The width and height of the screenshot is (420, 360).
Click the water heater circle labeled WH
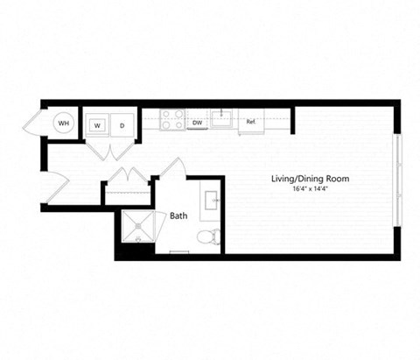click(63, 124)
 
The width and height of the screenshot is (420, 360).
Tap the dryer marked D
click(122, 124)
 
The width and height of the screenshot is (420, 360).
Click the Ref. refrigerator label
click(250, 122)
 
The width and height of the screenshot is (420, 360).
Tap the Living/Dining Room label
click(310, 179)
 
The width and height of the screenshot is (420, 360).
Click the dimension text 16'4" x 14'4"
click(310, 189)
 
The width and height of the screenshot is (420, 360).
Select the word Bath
click(178, 215)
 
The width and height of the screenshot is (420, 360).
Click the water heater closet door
click(36, 124)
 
